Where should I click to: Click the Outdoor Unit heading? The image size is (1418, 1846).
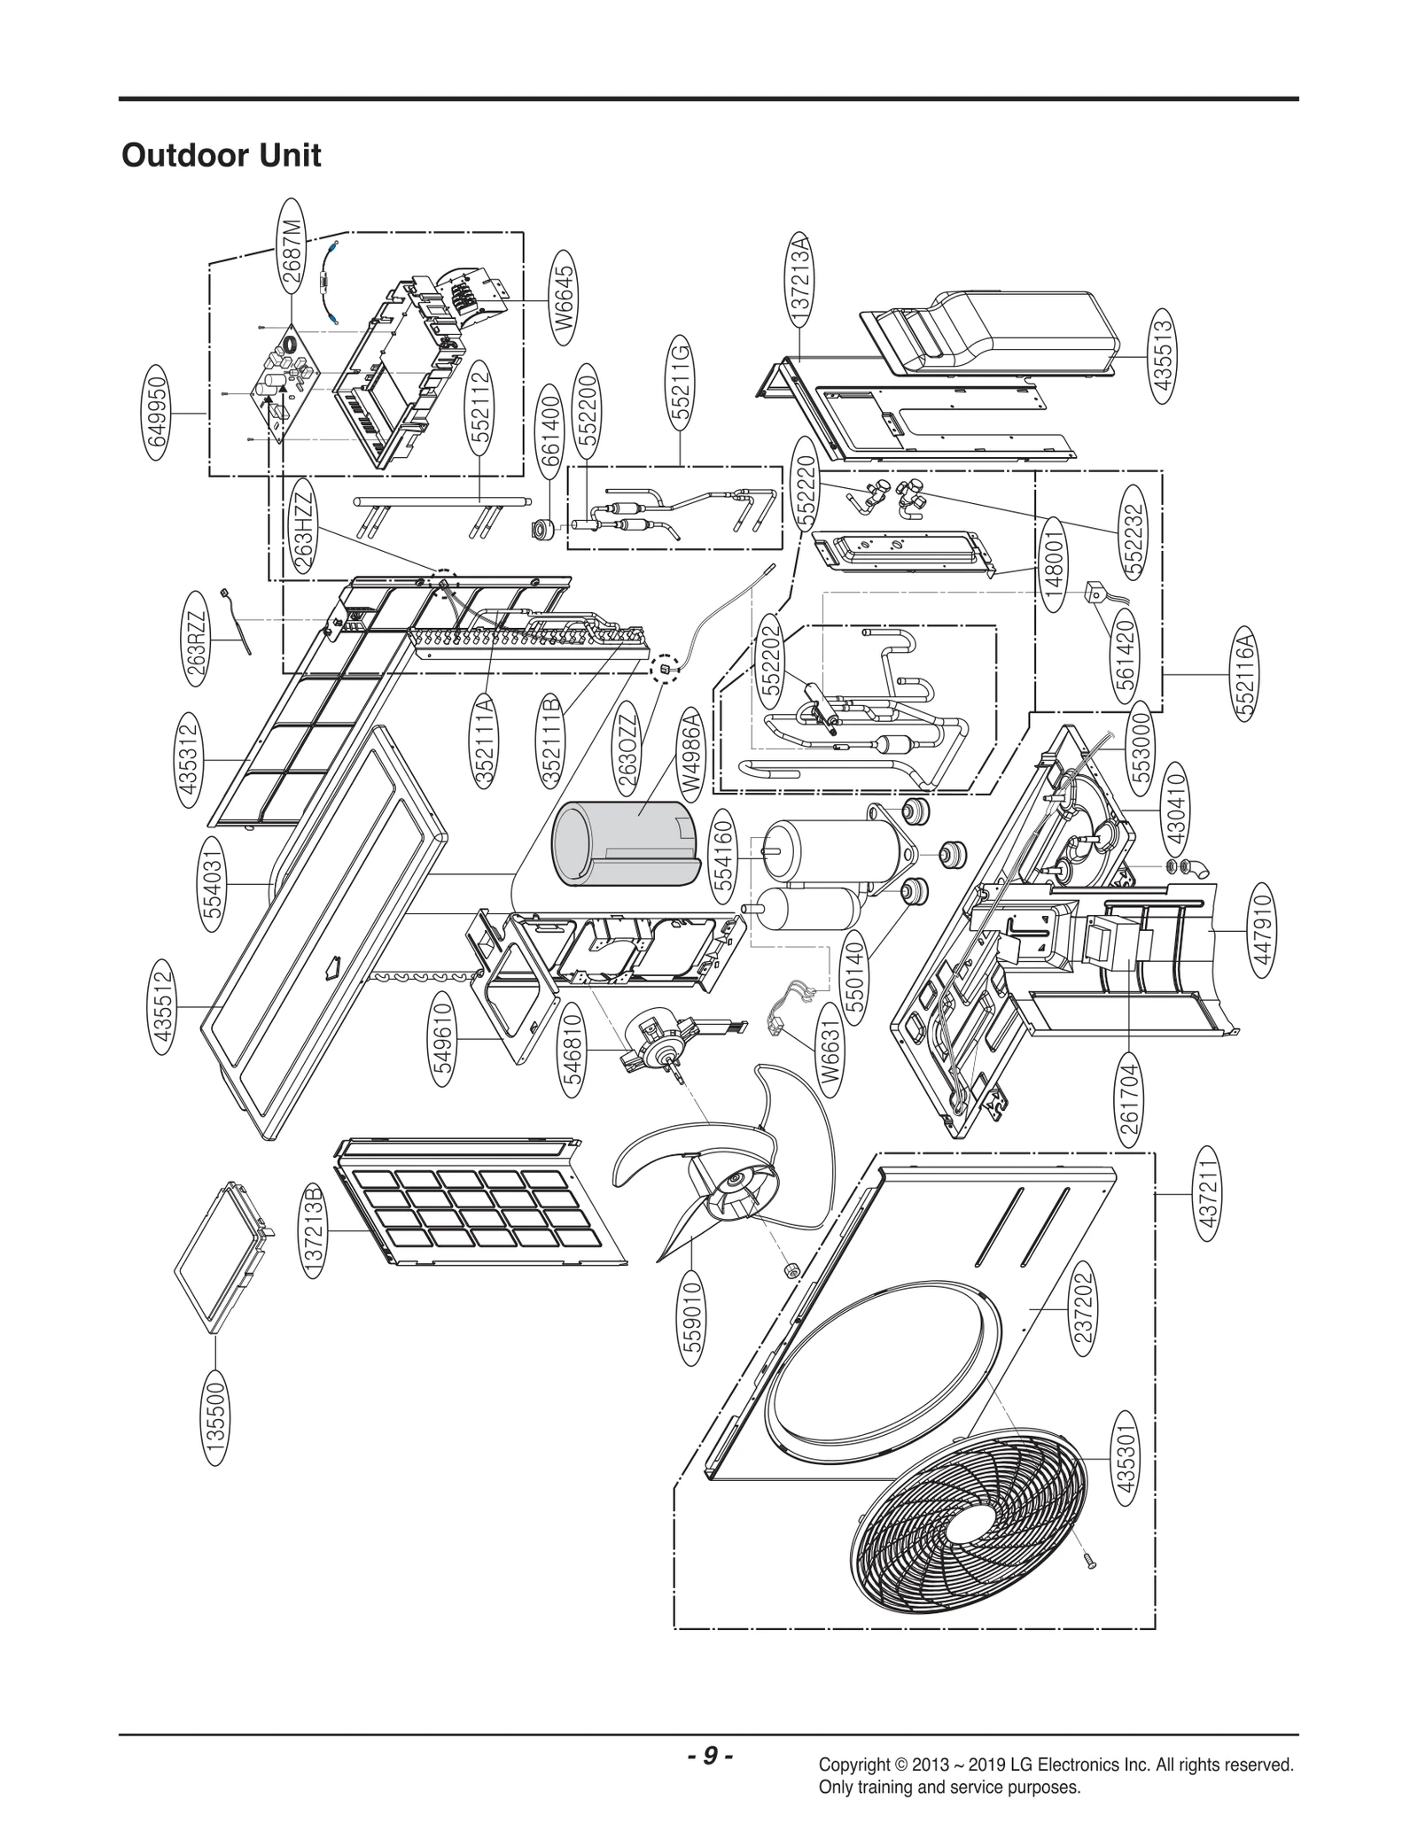click(221, 156)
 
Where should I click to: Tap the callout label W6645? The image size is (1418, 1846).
click(565, 299)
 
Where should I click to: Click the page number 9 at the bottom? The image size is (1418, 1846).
click(709, 1755)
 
